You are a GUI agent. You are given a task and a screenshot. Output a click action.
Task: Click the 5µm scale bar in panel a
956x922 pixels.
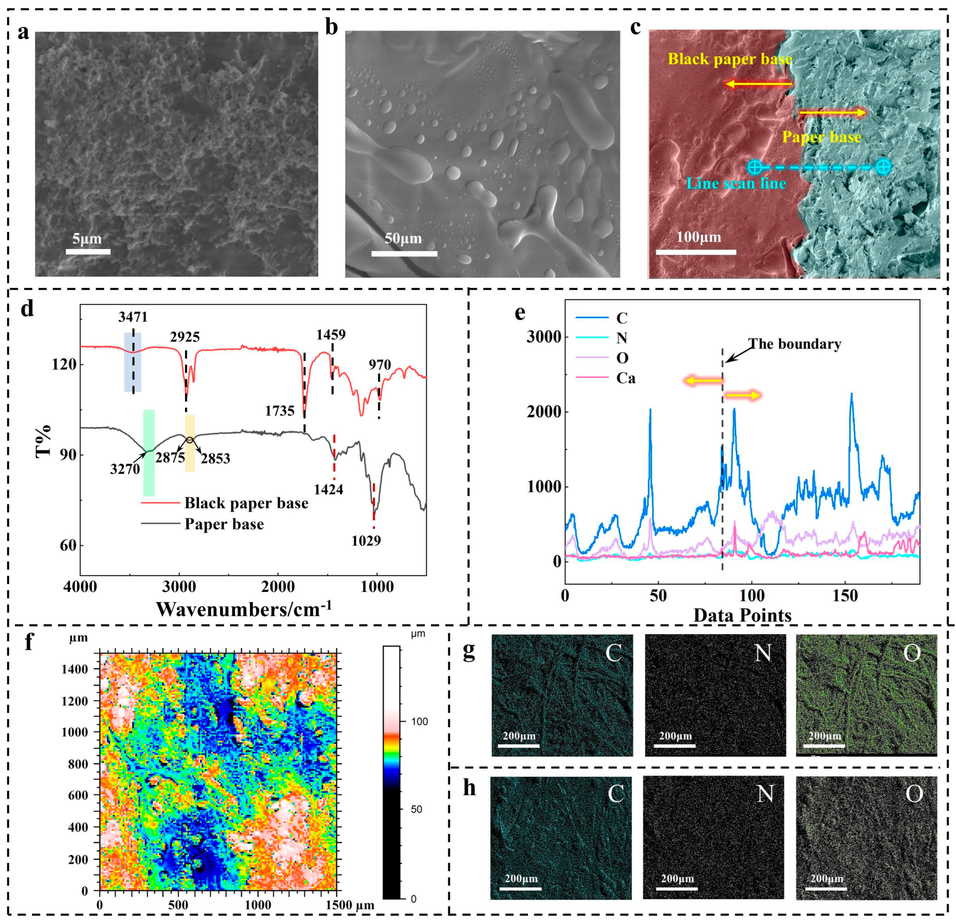(x=88, y=252)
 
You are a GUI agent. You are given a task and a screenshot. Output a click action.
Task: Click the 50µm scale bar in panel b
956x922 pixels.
(x=404, y=253)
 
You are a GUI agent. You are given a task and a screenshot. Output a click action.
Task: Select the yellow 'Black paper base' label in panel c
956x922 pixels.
(x=730, y=59)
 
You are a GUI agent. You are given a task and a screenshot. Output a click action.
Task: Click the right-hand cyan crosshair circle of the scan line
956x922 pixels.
(x=883, y=167)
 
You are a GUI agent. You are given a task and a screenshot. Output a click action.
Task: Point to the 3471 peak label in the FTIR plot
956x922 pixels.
(x=133, y=318)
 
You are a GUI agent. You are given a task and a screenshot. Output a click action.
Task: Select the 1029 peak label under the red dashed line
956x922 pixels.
(x=366, y=540)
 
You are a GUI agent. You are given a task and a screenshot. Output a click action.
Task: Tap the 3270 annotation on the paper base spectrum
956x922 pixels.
(x=125, y=469)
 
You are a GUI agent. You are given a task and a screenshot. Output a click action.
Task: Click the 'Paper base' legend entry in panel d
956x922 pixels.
(x=224, y=524)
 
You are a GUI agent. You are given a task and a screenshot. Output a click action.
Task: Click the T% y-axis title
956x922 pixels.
(x=44, y=441)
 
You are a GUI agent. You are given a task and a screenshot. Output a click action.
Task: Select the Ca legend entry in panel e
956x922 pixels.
(x=625, y=378)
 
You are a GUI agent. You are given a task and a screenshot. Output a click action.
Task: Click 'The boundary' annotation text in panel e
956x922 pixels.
(x=795, y=344)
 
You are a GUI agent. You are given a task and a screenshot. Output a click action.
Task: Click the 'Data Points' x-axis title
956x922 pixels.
(x=742, y=615)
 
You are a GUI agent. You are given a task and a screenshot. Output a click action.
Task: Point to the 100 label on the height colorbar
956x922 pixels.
(x=419, y=721)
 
